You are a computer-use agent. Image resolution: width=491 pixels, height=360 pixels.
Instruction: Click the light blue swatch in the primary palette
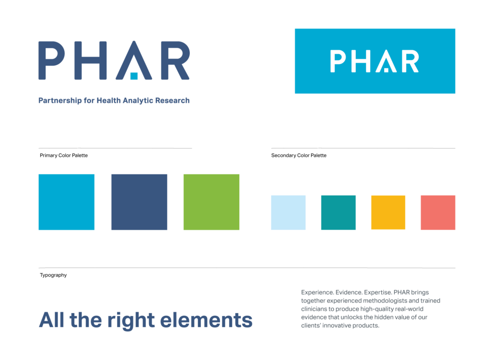pos(66,202)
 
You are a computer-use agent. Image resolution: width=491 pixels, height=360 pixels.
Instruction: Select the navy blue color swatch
pos(139,202)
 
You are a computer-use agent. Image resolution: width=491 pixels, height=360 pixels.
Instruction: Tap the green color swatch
pos(211,202)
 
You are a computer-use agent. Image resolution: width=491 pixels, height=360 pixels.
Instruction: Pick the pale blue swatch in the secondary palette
pos(288,212)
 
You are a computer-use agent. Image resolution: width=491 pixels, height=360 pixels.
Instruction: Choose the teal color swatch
pos(338,212)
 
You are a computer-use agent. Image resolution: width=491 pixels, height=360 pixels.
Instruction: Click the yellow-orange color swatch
pos(388,212)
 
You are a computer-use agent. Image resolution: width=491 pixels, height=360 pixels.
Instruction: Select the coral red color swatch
pos(438,212)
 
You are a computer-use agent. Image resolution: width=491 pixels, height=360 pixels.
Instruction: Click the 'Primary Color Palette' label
pos(64,155)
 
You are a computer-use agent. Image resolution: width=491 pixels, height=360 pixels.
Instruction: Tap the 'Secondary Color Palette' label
pos(299,155)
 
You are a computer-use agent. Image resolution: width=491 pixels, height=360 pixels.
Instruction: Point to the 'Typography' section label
pos(53,275)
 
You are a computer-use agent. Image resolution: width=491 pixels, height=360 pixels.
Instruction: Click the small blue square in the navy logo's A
pos(134,76)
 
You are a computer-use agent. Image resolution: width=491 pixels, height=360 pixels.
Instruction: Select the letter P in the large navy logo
pos(51,60)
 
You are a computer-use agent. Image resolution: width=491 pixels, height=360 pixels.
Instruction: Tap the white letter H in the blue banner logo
pos(362,62)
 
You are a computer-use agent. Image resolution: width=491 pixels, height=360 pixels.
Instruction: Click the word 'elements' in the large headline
pos(212,320)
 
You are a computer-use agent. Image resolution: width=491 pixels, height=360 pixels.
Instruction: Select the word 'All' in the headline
pos(52,320)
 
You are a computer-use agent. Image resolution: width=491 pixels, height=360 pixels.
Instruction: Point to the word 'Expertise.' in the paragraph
pos(377,292)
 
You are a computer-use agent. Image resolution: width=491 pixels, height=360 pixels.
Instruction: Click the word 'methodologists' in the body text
pos(383,301)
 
